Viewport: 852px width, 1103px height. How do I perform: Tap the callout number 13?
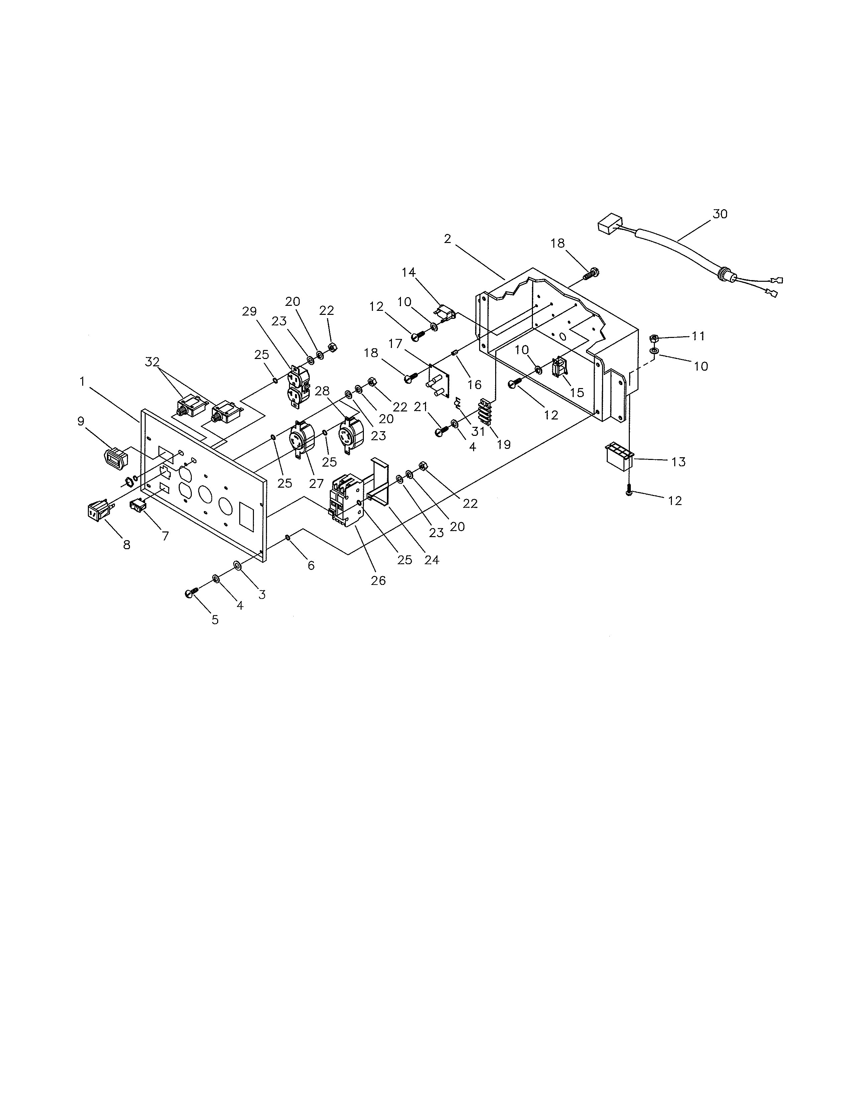678,462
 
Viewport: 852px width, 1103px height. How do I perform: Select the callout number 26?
378,581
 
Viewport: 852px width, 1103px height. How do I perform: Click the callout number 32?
152,362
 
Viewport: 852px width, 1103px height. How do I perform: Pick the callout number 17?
395,344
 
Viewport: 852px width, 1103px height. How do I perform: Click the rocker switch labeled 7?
138,504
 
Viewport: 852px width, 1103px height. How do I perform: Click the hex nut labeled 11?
653,338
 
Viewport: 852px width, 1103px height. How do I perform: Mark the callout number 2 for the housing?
447,239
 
